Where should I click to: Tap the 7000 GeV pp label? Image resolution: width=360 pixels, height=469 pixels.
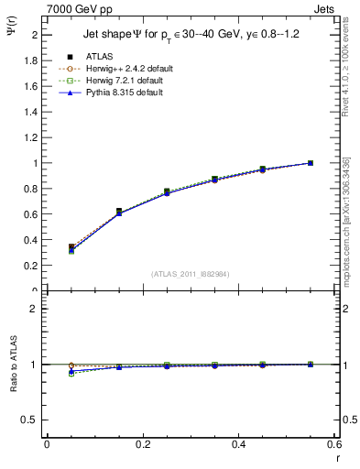(80, 8)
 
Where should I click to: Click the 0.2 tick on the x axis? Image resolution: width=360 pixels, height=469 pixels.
(142, 445)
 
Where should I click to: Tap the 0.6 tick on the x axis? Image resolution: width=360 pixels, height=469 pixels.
(334, 445)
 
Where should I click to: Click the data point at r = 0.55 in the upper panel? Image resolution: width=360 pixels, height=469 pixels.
(311, 163)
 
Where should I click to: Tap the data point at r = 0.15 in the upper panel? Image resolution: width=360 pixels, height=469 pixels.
(118, 212)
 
